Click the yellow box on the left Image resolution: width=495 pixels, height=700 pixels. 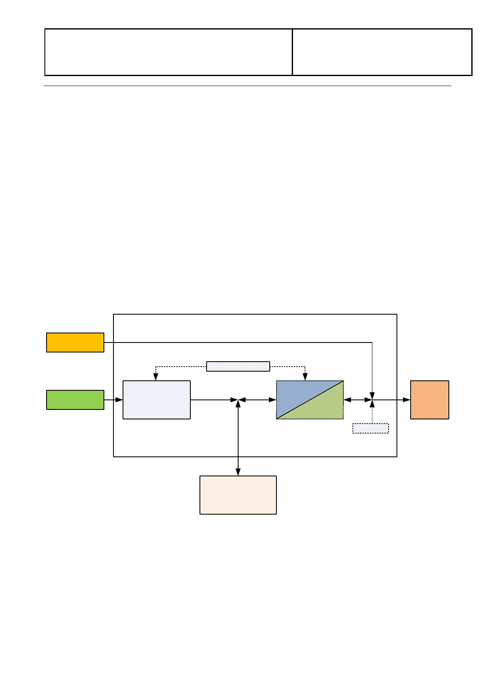click(75, 343)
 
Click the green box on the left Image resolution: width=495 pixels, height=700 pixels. click(75, 400)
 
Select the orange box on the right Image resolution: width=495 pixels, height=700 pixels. click(429, 400)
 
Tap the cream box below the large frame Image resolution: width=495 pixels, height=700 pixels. click(238, 495)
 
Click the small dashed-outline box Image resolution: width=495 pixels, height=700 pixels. click(370, 429)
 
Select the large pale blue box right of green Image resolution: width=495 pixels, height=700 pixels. click(157, 400)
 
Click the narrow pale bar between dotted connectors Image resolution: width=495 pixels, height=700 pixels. click(238, 367)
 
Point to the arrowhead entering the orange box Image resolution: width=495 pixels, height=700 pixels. click(407, 400)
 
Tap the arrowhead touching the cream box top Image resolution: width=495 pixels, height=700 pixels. click(238, 472)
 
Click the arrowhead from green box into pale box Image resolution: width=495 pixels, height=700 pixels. click(119, 400)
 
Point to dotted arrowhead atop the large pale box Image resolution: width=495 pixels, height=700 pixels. click(156, 377)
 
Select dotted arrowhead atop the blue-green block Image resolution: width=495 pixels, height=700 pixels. click(305, 377)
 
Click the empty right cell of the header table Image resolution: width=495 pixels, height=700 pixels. click(382, 52)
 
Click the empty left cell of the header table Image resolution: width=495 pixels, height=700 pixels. click(168, 52)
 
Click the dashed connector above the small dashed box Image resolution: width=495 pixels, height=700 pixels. click(372, 414)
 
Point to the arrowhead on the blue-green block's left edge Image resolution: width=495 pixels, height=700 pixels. click(273, 400)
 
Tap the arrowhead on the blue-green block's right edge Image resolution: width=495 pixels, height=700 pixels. click(347, 400)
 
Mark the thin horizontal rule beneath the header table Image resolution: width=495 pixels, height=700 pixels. click(247, 86)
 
